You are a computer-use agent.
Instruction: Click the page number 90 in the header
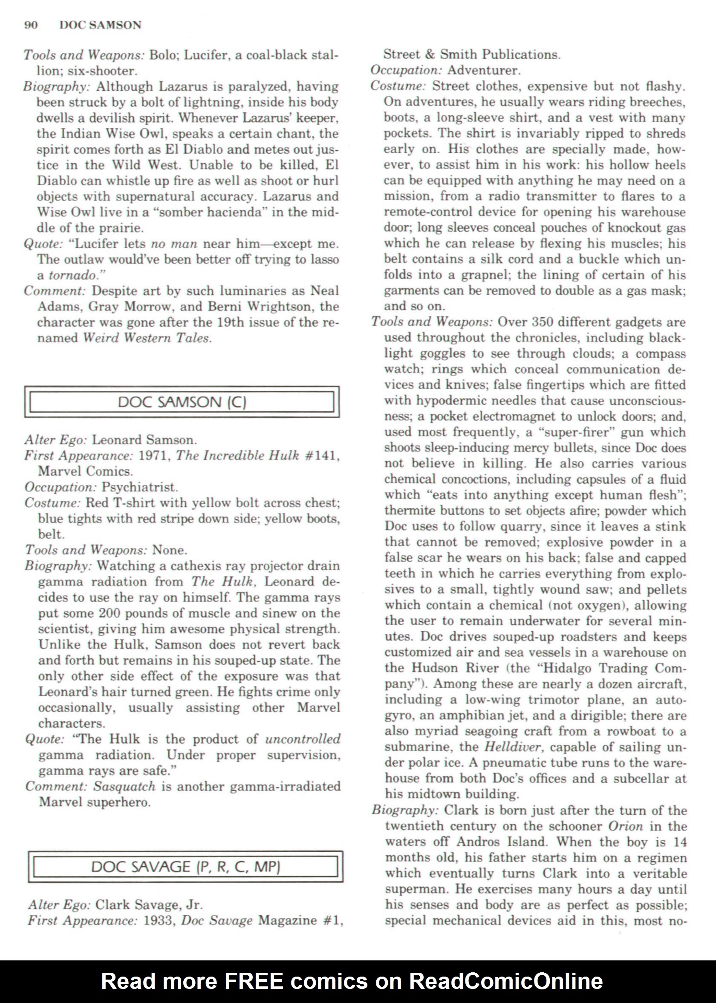(x=31, y=25)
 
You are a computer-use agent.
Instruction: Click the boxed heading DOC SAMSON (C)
(x=182, y=402)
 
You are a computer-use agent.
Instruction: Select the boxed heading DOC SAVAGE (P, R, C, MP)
(x=185, y=866)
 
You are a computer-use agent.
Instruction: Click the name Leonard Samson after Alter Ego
(x=143, y=440)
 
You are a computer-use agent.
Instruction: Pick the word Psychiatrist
(x=139, y=487)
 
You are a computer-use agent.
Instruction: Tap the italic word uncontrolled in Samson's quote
(x=303, y=739)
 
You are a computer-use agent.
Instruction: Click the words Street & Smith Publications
(x=471, y=54)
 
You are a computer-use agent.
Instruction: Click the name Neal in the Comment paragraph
(x=324, y=291)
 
